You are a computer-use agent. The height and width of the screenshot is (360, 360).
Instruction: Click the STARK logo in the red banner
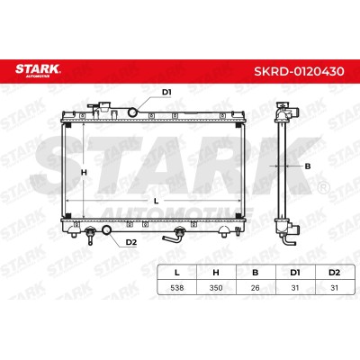click(x=38, y=70)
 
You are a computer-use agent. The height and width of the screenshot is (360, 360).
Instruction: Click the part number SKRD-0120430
click(x=299, y=71)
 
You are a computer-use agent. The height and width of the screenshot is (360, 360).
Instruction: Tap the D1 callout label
click(x=166, y=92)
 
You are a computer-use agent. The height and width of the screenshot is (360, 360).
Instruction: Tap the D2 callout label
click(x=131, y=242)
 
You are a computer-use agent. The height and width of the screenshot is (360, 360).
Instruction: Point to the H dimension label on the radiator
click(x=84, y=173)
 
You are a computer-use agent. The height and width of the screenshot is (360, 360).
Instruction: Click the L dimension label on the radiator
click(x=156, y=202)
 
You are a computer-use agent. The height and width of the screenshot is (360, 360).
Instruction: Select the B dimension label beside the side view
click(x=308, y=166)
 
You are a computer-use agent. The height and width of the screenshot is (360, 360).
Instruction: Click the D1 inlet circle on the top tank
click(x=132, y=112)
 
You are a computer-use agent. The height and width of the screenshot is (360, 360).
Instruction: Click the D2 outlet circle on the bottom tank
click(x=107, y=230)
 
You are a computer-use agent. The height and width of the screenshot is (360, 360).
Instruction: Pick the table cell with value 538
click(x=177, y=288)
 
